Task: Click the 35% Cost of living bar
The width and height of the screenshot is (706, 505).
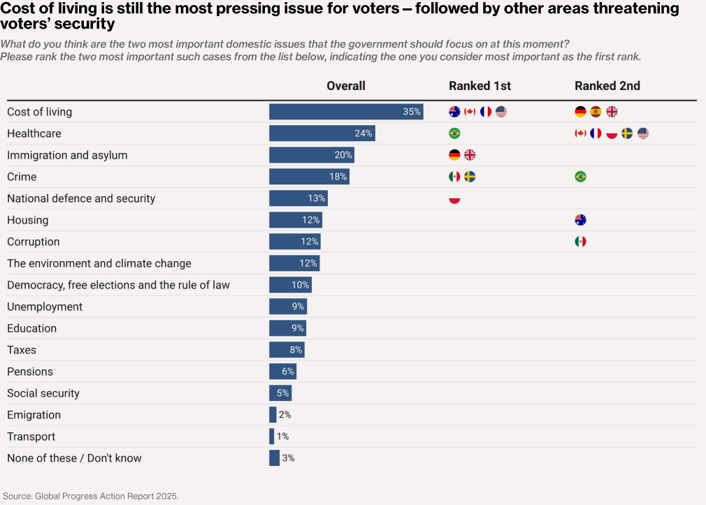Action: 345,112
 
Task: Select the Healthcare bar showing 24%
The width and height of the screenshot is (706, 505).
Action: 322,133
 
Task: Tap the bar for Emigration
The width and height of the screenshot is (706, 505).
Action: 273,415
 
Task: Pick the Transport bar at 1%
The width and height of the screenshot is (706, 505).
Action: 272,437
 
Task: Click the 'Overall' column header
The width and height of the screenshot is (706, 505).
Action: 346,86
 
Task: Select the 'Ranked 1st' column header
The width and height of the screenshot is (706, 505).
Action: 480,86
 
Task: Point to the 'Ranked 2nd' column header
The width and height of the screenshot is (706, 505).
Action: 607,86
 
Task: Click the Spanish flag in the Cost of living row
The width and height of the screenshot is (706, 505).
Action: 596,112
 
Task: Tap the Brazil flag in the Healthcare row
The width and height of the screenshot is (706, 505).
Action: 454,133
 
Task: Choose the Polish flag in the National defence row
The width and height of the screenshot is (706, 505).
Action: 454,198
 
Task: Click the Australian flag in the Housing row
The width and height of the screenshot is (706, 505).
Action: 580,220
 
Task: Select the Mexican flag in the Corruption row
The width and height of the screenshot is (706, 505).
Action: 580,242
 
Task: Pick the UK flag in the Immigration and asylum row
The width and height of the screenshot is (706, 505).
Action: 470,155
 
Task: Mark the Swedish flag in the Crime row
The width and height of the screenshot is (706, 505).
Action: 470,177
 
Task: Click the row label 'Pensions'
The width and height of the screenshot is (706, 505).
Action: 30,372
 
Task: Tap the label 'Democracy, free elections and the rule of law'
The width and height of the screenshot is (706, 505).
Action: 118,285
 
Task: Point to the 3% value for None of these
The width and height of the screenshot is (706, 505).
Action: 288,458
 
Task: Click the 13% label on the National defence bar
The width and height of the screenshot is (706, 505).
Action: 316,198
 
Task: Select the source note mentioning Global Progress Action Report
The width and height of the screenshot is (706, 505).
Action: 91,496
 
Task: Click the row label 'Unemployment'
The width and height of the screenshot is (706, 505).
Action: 45,307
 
